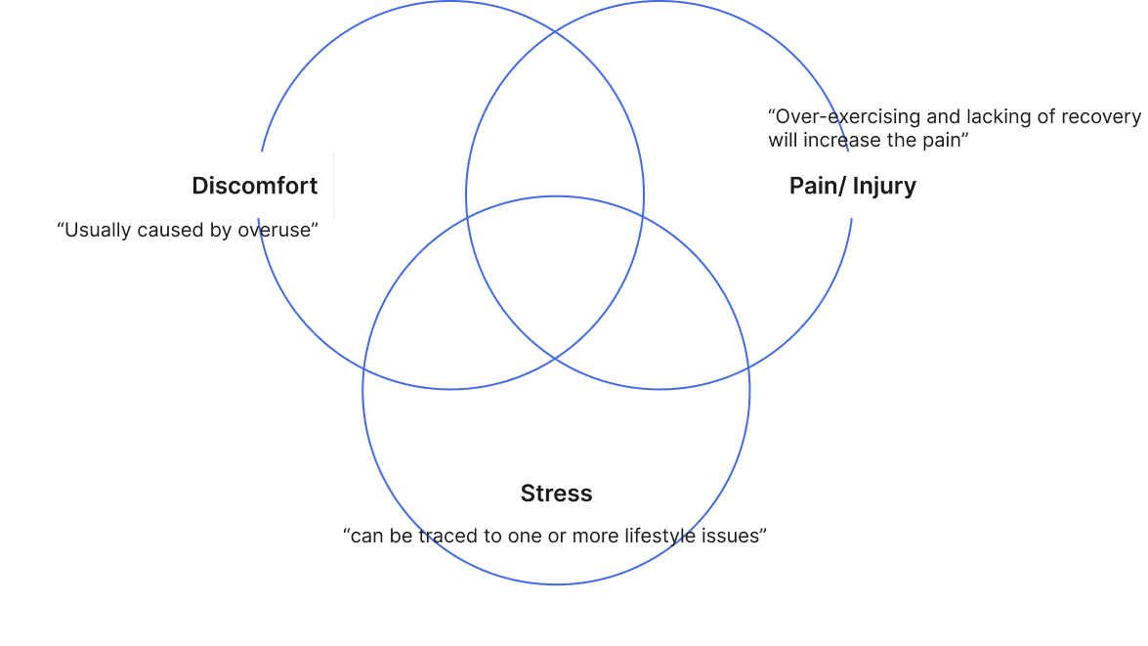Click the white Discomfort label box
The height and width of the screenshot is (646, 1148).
tap(254, 185)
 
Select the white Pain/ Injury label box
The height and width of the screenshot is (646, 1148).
tap(852, 185)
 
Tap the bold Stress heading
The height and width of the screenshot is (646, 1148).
tap(556, 494)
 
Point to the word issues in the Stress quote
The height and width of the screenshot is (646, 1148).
tap(730, 536)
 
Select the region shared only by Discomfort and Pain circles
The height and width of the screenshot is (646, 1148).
tap(554, 127)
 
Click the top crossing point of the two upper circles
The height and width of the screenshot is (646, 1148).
tap(554, 32)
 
